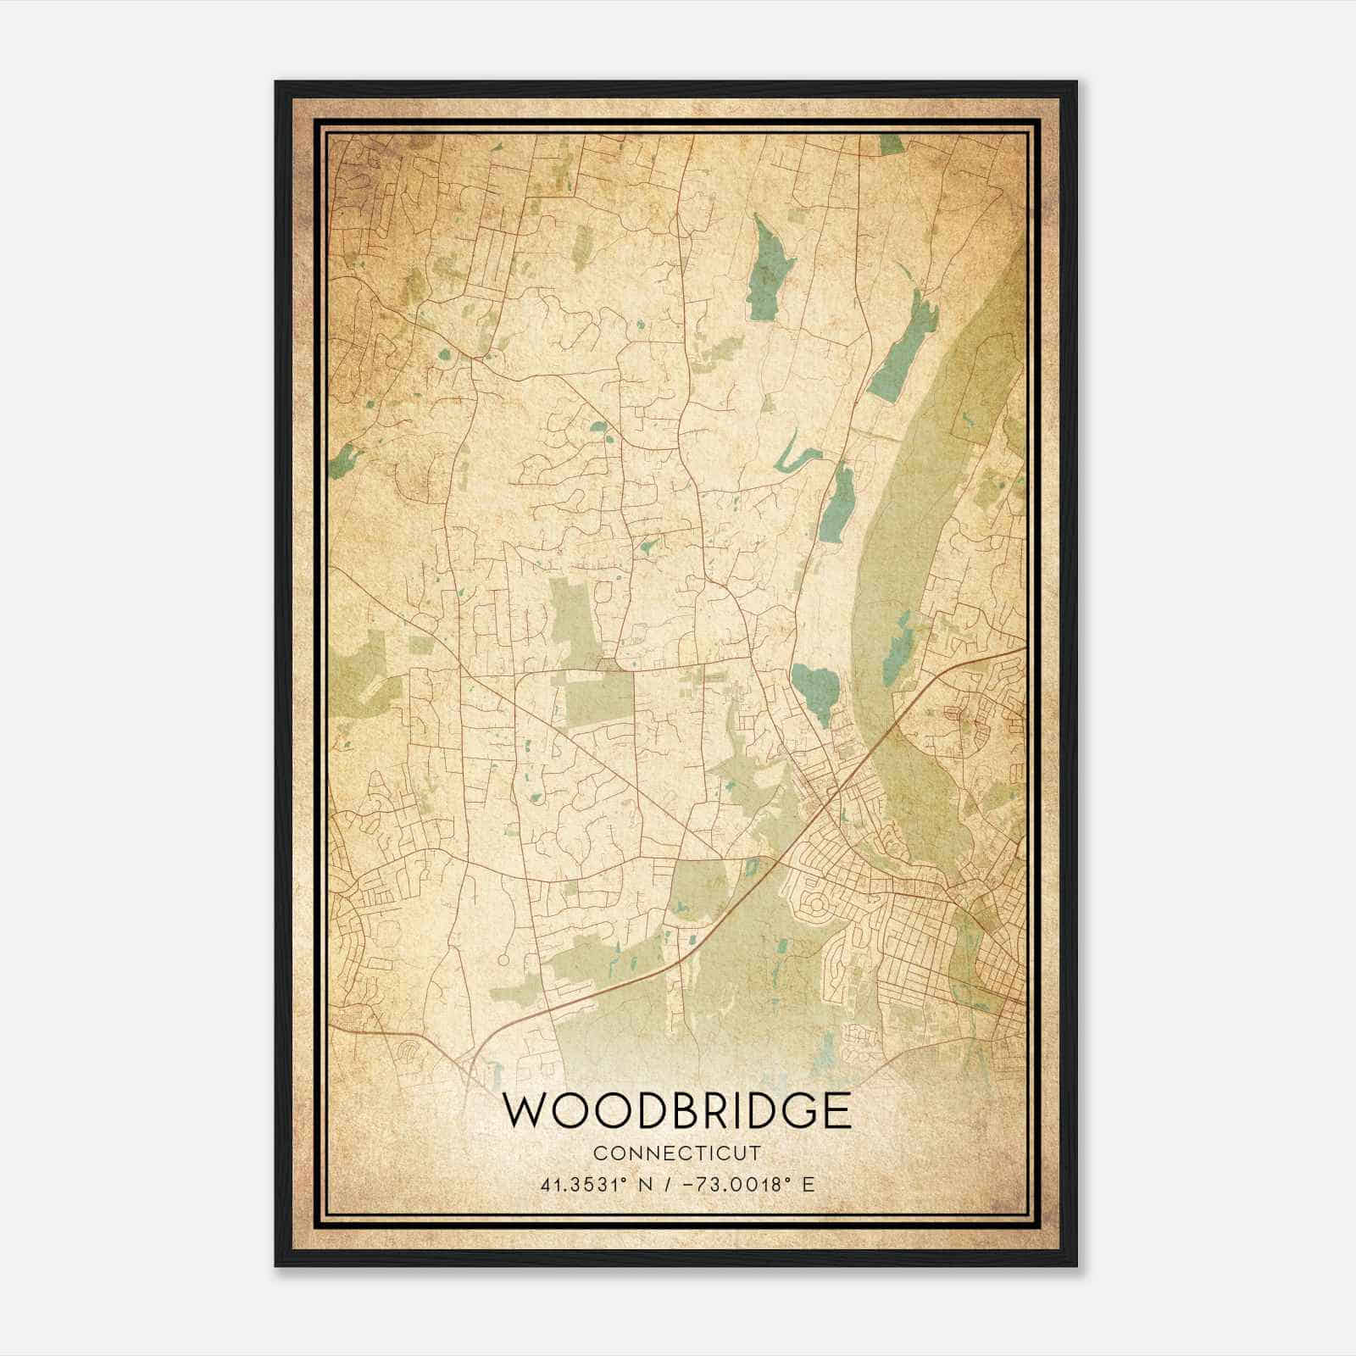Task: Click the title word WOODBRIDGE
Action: click(x=677, y=1111)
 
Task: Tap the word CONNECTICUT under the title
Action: click(x=677, y=1153)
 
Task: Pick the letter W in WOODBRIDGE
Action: click(x=525, y=1111)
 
